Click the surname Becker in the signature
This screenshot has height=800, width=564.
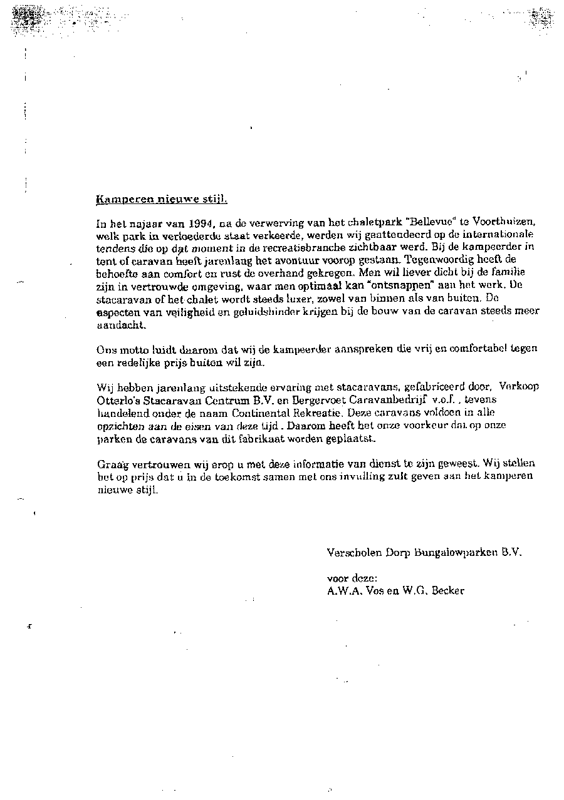pyautogui.click(x=449, y=590)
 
